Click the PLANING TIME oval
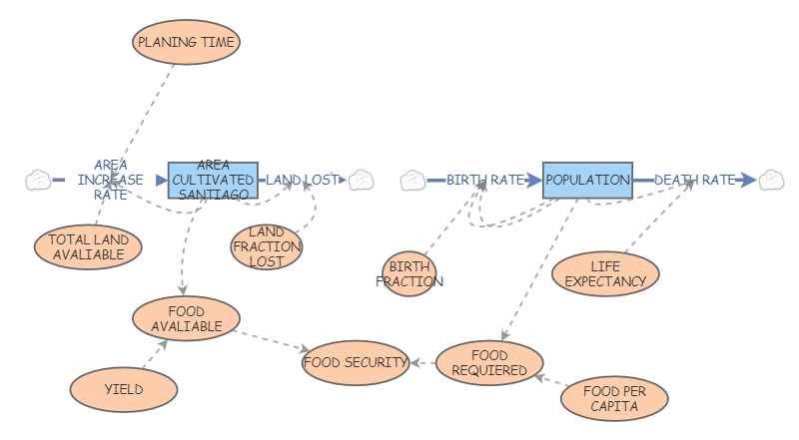(188, 43)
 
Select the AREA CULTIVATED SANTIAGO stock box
(213, 180)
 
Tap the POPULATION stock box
(587, 180)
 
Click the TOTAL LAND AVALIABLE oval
(88, 246)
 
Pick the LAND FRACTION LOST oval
(266, 246)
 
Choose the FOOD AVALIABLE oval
(185, 318)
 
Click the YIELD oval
(124, 389)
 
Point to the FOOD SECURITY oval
(356, 362)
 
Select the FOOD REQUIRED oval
(489, 362)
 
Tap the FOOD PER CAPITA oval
(613, 399)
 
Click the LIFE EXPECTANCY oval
(605, 274)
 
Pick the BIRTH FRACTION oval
(409, 274)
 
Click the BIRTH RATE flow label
(485, 180)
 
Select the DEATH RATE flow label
(694, 180)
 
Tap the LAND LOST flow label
(301, 180)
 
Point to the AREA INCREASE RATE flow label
(110, 180)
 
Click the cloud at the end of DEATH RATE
(771, 180)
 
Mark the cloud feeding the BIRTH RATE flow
(413, 181)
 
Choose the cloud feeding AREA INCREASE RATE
(38, 180)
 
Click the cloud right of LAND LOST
(361, 180)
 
